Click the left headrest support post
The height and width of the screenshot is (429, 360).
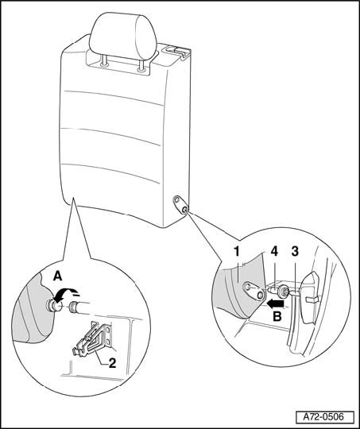click(104, 60)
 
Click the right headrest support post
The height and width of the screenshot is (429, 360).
click(141, 64)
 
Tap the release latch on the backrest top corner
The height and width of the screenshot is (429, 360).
click(176, 51)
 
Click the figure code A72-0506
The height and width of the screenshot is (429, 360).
click(323, 417)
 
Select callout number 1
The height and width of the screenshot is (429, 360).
click(237, 252)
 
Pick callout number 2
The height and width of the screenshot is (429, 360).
click(112, 363)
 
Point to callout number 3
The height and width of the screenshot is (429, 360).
click(295, 252)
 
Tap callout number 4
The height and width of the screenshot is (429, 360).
click(274, 252)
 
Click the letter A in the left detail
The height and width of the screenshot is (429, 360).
click(57, 276)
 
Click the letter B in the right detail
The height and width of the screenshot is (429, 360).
click(277, 317)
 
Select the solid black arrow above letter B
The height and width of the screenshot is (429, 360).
click(276, 303)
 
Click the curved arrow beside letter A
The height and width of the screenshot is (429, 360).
click(66, 292)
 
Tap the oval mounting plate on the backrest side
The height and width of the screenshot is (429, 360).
click(180, 204)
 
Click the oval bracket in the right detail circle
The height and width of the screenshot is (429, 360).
click(254, 291)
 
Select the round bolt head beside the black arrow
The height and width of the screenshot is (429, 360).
click(283, 292)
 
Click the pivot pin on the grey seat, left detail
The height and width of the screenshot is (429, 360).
click(53, 306)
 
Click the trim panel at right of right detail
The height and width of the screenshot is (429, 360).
click(309, 298)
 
